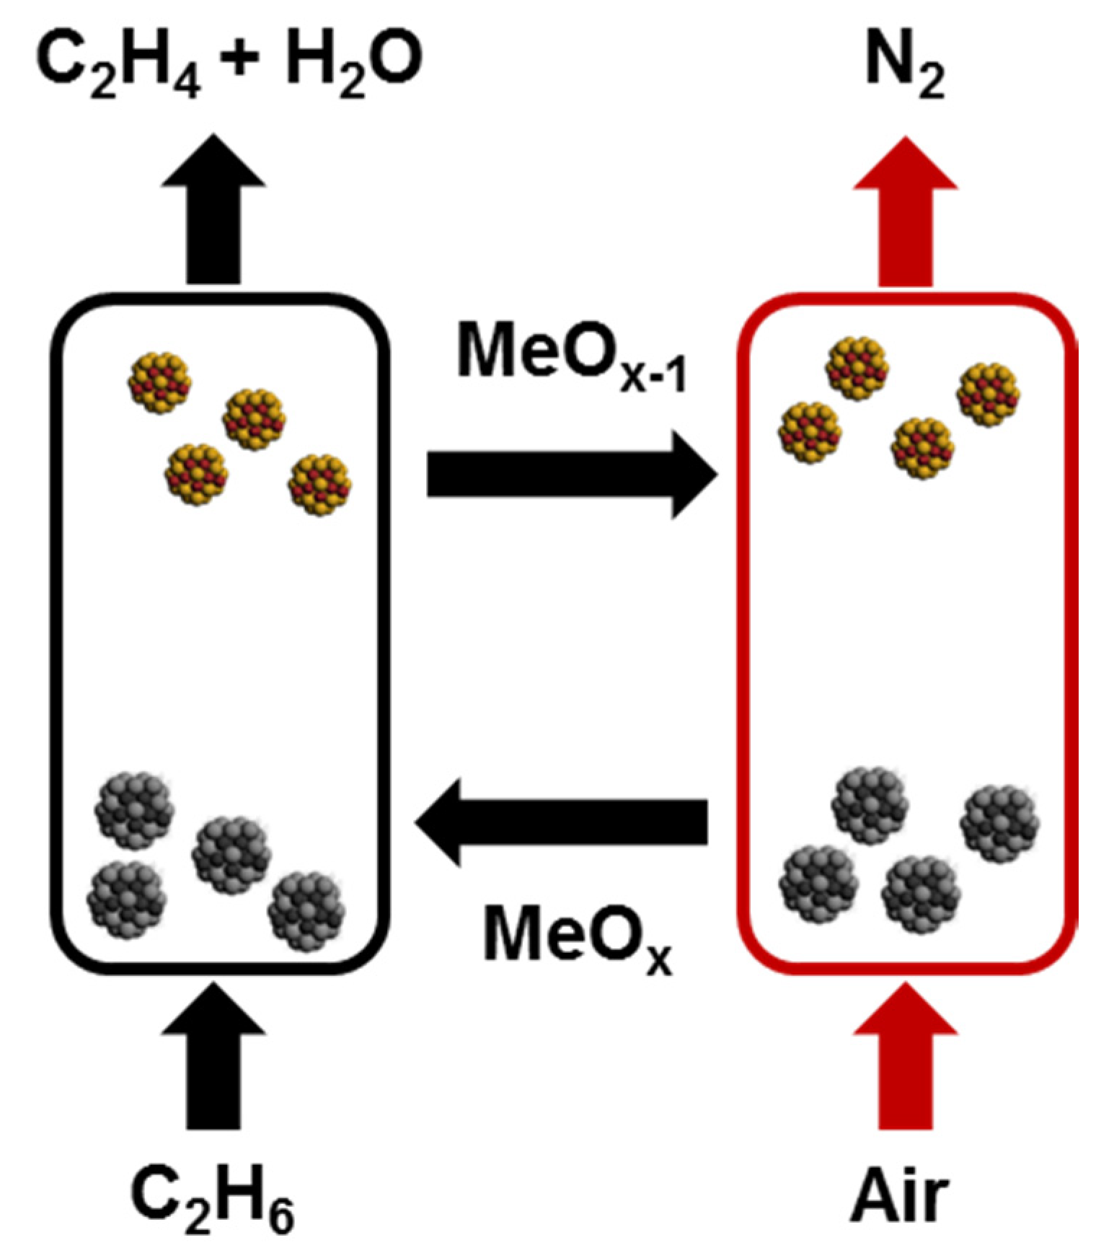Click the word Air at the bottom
pyautogui.click(x=900, y=1194)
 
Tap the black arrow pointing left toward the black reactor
pyautogui.click(x=562, y=822)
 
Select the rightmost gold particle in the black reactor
pyautogui.click(x=319, y=484)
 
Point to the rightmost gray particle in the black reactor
pyautogui.click(x=306, y=911)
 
